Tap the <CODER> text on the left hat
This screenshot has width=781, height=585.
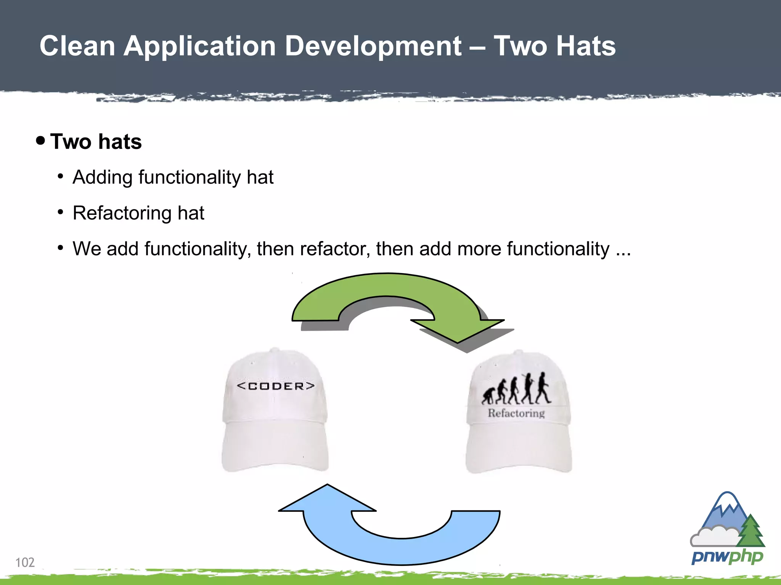pyautogui.click(x=275, y=386)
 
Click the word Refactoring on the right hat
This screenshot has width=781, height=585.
pyautogui.click(x=516, y=413)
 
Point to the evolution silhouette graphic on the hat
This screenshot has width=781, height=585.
pyautogui.click(x=516, y=390)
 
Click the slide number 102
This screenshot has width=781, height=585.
pyautogui.click(x=25, y=562)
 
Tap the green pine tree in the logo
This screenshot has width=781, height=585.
pyautogui.click(x=750, y=531)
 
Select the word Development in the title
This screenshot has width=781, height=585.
pyautogui.click(x=373, y=46)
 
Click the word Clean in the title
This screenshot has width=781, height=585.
pyautogui.click(x=77, y=46)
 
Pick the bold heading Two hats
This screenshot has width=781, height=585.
pyautogui.click(x=96, y=142)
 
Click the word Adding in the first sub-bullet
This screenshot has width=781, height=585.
pyautogui.click(x=102, y=177)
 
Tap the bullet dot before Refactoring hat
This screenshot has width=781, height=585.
pyautogui.click(x=60, y=212)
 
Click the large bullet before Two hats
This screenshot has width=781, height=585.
pyautogui.click(x=40, y=141)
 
